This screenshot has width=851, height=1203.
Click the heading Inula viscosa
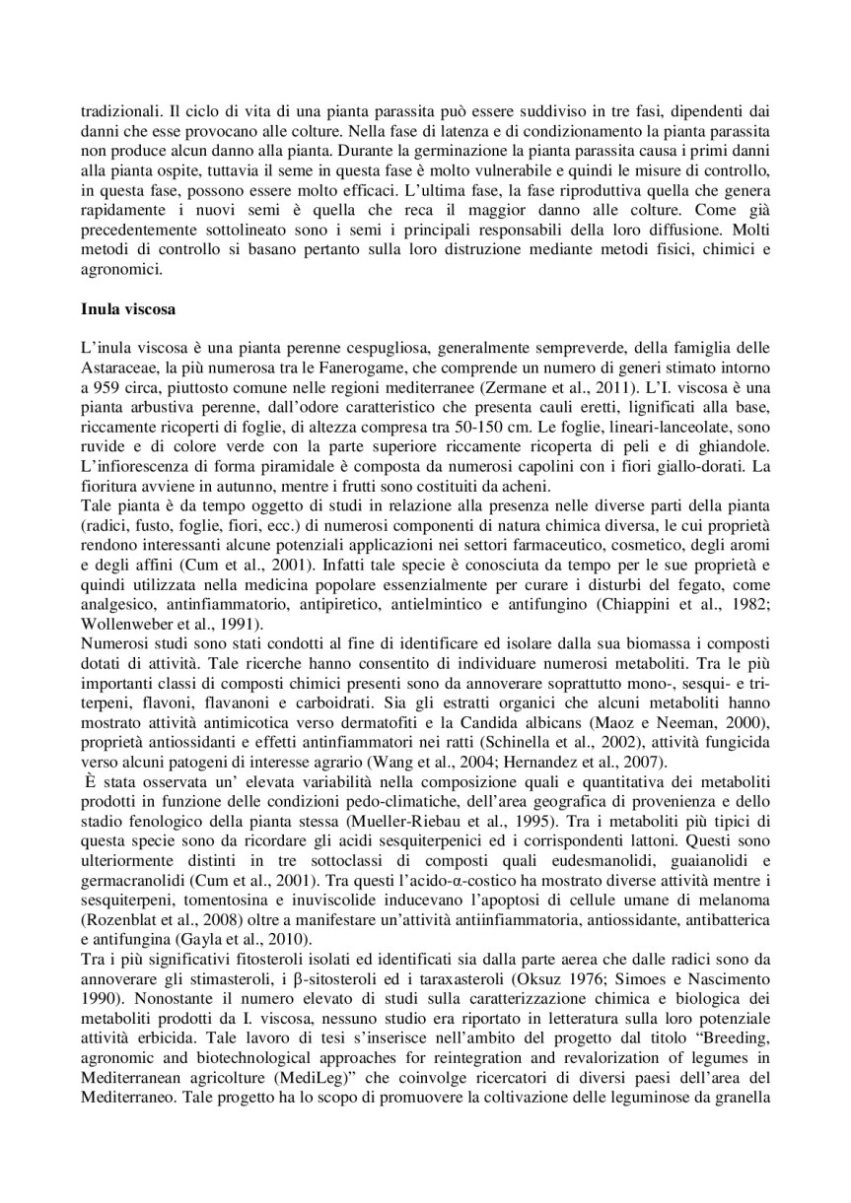point(127,309)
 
